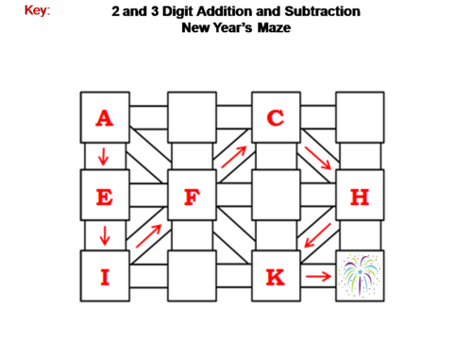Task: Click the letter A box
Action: (104, 118)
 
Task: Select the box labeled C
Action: (276, 118)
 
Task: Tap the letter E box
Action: (104, 197)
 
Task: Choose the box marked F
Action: (191, 197)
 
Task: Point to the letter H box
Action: (360, 197)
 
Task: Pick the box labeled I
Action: (104, 276)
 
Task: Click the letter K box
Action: (276, 276)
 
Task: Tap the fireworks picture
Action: (360, 276)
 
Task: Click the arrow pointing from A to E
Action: (103, 156)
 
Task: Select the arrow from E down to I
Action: (103, 235)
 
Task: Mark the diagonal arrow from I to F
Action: (148, 235)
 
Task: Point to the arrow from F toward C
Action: (235, 157)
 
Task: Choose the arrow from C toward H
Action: (319, 158)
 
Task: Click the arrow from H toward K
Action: (317, 235)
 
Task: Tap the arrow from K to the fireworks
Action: (319, 277)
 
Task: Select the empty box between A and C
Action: (191, 118)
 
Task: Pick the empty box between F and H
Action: (276, 197)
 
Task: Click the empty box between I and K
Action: (191, 276)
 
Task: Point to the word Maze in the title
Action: (270, 28)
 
